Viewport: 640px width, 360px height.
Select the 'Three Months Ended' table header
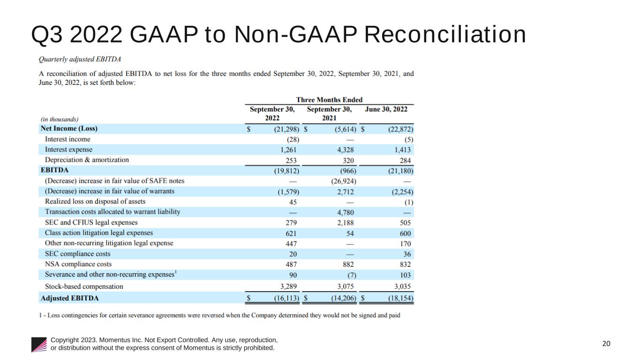[329, 100]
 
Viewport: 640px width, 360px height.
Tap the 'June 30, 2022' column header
[386, 109]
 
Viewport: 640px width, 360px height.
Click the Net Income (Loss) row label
[69, 128]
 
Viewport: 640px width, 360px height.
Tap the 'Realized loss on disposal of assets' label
[95, 202]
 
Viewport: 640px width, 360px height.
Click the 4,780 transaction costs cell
[346, 212]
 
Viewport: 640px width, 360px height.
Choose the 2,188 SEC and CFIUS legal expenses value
[346, 223]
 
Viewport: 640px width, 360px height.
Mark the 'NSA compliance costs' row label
[78, 264]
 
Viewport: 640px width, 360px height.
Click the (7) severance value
[349, 275]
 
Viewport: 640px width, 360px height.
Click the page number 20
[606, 344]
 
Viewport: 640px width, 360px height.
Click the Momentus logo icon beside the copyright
[39, 344]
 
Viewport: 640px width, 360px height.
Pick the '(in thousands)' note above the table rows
[60, 119]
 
